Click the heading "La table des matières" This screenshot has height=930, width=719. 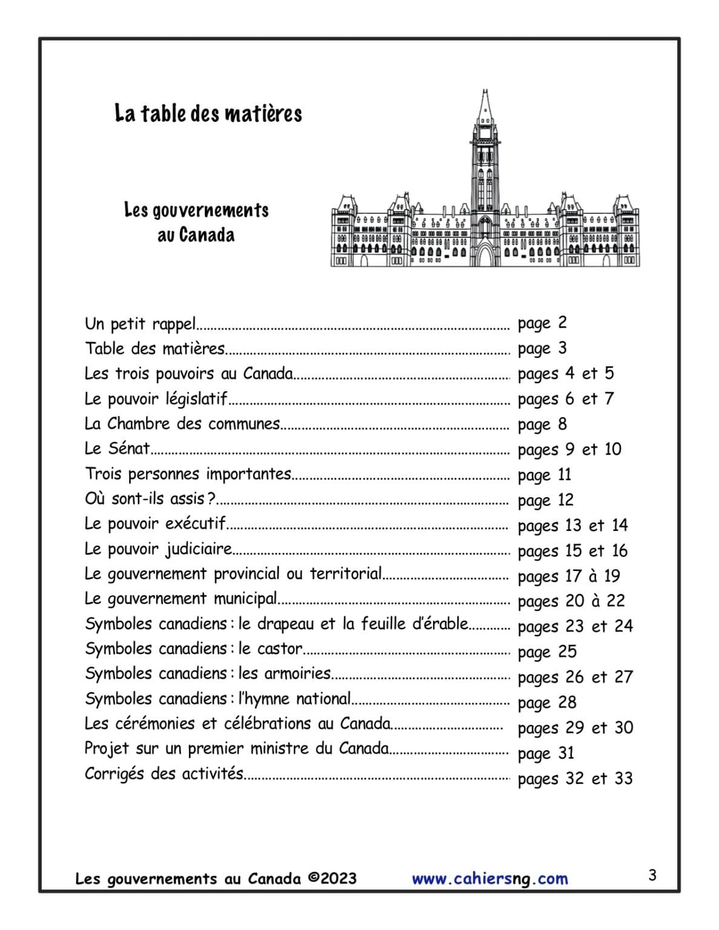click(208, 113)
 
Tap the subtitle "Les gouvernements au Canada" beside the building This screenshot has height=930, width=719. click(196, 222)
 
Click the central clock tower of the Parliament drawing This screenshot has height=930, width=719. click(485, 157)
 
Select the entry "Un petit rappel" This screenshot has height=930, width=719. click(140, 324)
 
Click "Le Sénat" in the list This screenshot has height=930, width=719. click(118, 449)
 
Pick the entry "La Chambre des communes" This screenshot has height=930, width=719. click(182, 424)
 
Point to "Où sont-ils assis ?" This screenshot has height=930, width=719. click(150, 499)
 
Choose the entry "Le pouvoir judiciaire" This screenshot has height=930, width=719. click(158, 549)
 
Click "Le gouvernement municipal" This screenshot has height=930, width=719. click(181, 599)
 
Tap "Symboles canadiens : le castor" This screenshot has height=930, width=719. click(194, 649)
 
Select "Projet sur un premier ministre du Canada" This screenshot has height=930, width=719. click(236, 749)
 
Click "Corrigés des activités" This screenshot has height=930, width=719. click(164, 774)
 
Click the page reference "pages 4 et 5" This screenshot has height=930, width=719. click(565, 374)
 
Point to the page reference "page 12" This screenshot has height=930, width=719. click(545, 500)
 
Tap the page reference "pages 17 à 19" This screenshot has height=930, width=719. click(569, 576)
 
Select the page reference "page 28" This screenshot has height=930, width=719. click(547, 702)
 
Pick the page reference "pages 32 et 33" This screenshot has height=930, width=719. click(575, 779)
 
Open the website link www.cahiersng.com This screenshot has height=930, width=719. click(489, 879)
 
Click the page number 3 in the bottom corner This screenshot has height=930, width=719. click(652, 876)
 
